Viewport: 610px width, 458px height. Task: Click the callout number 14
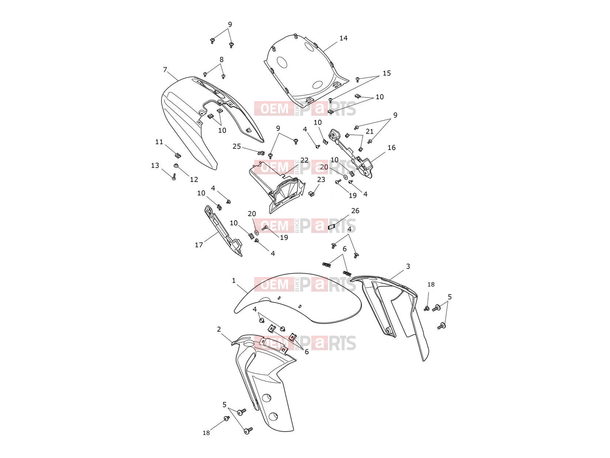coord(343,38)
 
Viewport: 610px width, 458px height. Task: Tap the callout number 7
coord(165,69)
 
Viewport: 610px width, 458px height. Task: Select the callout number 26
coord(355,211)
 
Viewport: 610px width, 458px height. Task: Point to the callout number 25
coord(237,146)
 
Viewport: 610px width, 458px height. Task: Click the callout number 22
coord(304,160)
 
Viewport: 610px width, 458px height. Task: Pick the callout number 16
coord(391,148)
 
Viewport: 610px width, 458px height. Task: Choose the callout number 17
coord(199,245)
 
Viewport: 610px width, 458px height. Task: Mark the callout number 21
coord(369,131)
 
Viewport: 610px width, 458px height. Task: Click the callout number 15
coord(387,73)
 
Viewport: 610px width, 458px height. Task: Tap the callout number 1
coord(234,281)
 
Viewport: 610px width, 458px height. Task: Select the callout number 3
coord(408,266)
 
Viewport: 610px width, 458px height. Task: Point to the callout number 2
coord(219,329)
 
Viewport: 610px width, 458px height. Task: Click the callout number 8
coord(221,59)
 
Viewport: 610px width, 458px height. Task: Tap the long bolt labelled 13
coord(174,176)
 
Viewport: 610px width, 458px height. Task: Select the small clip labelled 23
coord(312,194)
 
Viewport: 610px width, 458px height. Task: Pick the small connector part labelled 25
coord(261,152)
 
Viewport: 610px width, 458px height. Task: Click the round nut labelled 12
coord(176,166)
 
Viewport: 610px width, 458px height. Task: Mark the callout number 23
coord(321,180)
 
